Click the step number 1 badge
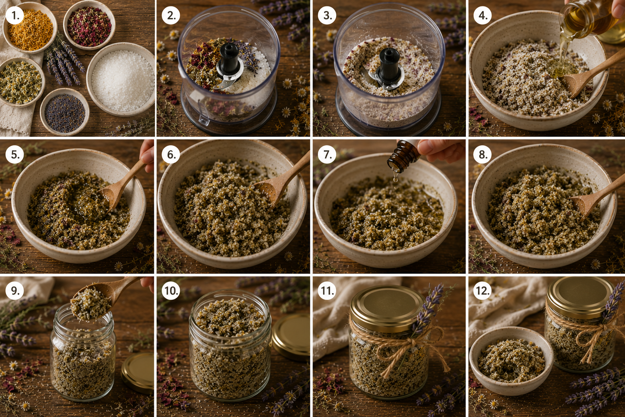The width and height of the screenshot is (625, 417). point(15,15)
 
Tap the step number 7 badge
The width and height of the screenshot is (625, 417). point(327,154)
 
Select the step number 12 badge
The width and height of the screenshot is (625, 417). point(483,291)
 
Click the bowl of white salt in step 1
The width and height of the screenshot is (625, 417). point(121,79)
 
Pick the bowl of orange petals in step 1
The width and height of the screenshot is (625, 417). point(30,27)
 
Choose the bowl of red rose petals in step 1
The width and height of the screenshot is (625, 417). point(89,26)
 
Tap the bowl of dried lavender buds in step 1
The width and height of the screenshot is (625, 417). point(65,112)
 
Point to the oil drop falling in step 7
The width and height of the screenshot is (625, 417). point(396,178)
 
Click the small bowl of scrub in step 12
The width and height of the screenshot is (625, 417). point(511,360)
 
